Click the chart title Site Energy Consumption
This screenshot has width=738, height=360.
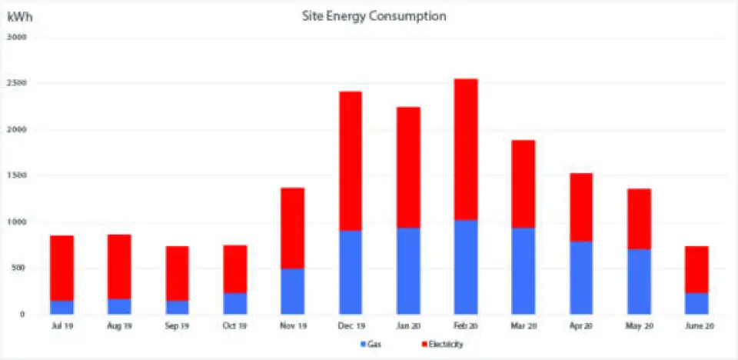tap(374, 16)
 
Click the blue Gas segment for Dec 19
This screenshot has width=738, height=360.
tap(350, 272)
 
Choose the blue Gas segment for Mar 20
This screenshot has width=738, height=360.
tap(523, 271)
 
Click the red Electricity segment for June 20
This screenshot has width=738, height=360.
tap(696, 269)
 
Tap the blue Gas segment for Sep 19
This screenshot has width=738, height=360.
tap(177, 307)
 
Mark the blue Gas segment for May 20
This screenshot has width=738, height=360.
tap(638, 282)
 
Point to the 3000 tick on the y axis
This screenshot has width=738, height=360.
tap(17, 37)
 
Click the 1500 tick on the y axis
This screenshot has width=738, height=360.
tap(17, 175)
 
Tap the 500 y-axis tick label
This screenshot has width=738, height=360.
tap(19, 268)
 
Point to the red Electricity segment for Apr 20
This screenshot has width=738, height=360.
tap(580, 207)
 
